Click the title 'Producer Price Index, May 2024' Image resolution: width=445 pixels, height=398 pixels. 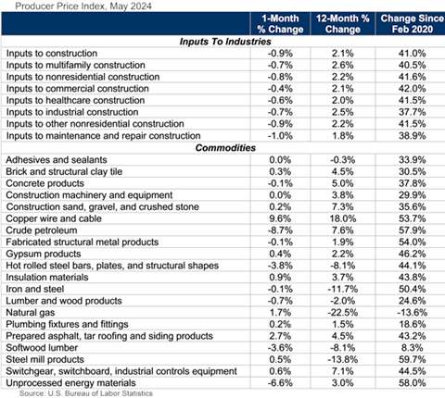tap(64, 6)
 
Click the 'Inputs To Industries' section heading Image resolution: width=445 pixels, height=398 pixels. tap(222, 42)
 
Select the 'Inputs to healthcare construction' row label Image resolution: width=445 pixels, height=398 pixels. tap(75, 95)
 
